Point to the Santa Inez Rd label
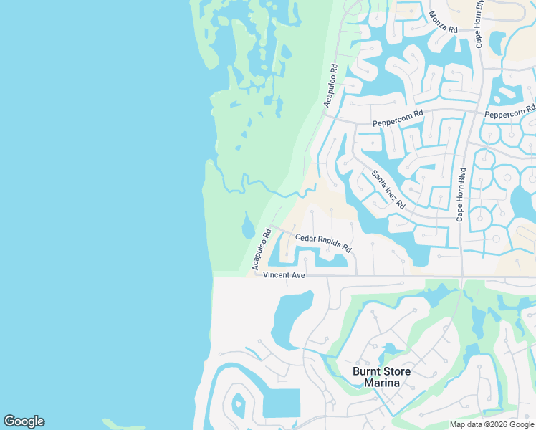[x=388, y=189]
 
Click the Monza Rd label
[x=442, y=22]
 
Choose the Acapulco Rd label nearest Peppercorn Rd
[x=330, y=86]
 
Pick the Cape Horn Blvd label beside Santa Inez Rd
[x=462, y=193]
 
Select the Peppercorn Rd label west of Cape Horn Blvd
[x=398, y=118]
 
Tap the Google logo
[x=24, y=421]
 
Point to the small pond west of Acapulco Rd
[x=248, y=226]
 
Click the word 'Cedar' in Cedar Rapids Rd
[x=307, y=237]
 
